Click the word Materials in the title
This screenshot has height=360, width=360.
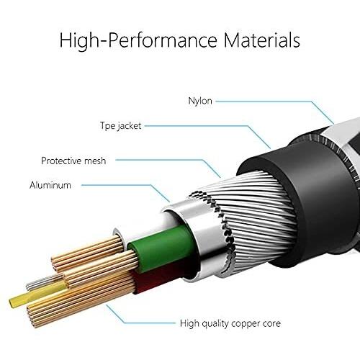point(261,40)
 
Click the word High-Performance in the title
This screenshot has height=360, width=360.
point(138,40)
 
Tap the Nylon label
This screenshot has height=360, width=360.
point(200,101)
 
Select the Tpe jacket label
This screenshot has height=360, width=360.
point(120,126)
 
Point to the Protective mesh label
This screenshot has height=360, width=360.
point(73,161)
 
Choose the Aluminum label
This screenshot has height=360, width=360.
point(50,185)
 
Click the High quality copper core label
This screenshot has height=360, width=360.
point(230,323)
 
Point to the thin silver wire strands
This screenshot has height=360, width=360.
point(43,282)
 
